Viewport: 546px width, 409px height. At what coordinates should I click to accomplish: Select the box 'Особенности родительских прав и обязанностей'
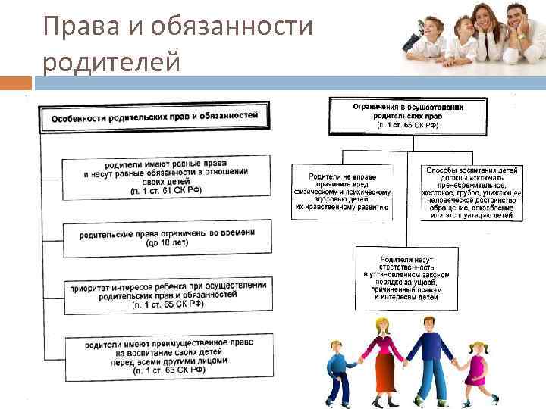coord(155,119)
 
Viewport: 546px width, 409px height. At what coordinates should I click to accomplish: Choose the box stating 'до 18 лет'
coord(167,238)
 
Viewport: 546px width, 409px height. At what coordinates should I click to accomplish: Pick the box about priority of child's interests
coord(167,295)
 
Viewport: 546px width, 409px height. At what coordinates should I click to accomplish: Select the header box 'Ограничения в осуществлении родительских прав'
coord(408,116)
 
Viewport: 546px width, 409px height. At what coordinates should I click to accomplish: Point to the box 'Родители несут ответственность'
coord(408,277)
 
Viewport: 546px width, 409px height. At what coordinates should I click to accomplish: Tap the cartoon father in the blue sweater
coord(433,356)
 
